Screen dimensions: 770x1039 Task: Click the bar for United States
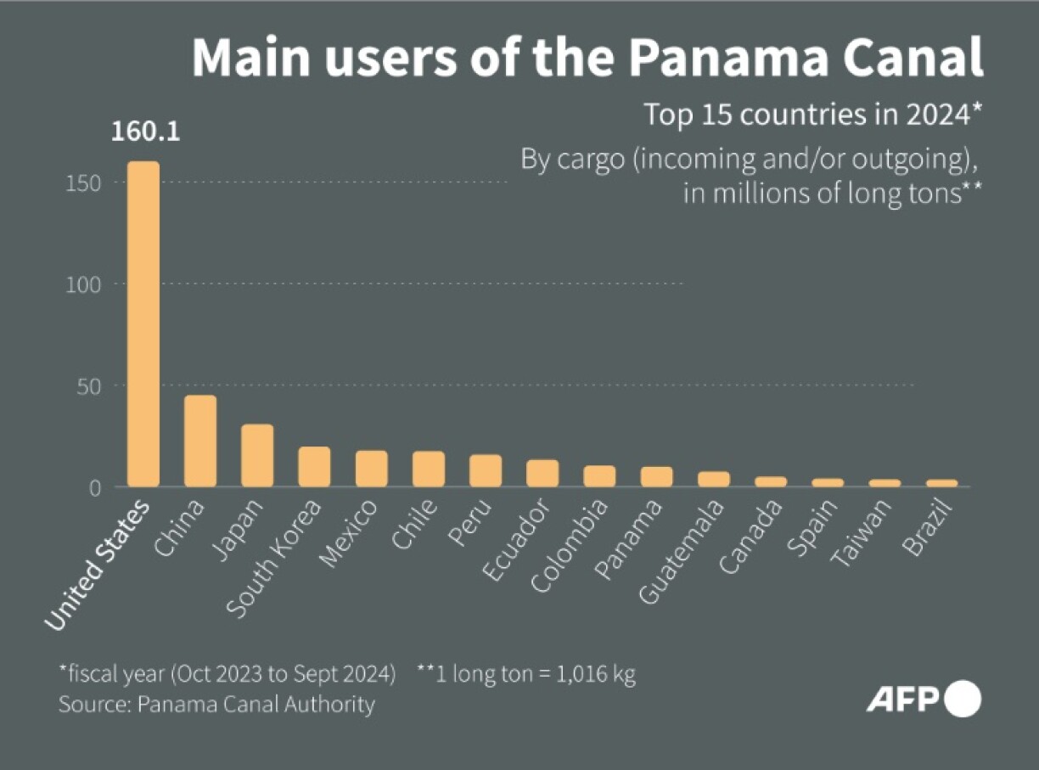pos(143,323)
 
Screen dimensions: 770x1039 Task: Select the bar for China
pos(200,441)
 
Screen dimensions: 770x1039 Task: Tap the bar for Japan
pos(257,455)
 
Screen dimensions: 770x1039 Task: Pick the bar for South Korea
pos(314,466)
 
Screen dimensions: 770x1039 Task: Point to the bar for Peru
pos(486,470)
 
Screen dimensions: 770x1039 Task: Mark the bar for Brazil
pos(941,483)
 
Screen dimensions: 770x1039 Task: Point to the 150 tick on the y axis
pos(82,183)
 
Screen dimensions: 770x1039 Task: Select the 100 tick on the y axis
pos(82,284)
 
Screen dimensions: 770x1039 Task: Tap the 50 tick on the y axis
pos(88,385)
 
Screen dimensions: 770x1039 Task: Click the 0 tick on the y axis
pos(95,486)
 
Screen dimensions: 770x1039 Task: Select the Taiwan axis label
pos(861,533)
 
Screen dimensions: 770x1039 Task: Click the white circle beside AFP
pos(963,699)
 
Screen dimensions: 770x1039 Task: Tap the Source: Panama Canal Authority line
pos(216,705)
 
